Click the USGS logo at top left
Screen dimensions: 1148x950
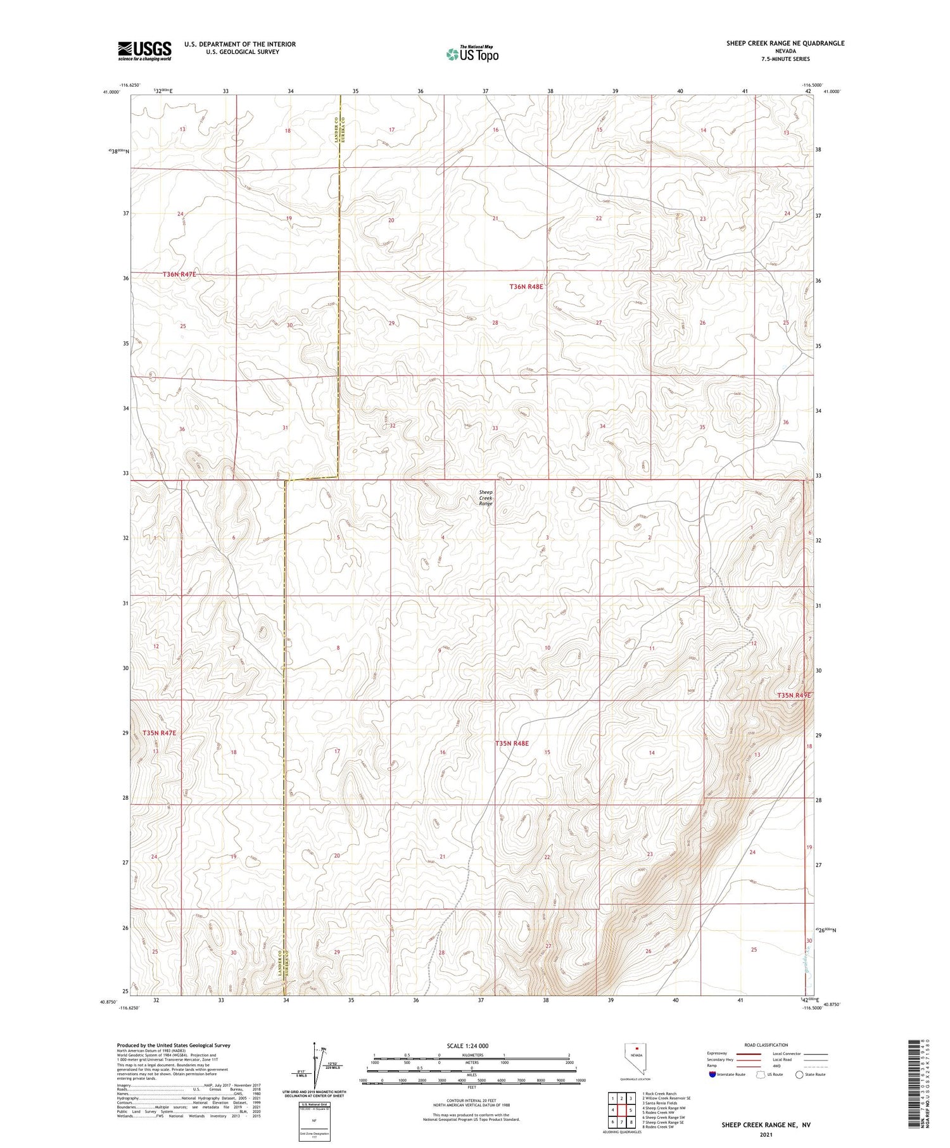[144, 51]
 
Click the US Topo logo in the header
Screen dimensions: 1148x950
[472, 54]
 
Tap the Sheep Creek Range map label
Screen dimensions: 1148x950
[485, 497]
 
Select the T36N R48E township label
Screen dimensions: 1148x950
[526, 287]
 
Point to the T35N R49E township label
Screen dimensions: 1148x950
[794, 695]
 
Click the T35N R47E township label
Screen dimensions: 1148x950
[159, 733]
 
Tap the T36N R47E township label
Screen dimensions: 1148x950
[179, 274]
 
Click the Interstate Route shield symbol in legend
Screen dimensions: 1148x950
[713, 1075]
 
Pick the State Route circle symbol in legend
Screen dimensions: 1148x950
[799, 1075]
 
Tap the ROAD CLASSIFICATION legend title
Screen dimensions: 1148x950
[766, 1045]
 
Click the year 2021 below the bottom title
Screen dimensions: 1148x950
[765, 1133]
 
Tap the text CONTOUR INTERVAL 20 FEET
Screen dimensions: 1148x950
[471, 1101]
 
